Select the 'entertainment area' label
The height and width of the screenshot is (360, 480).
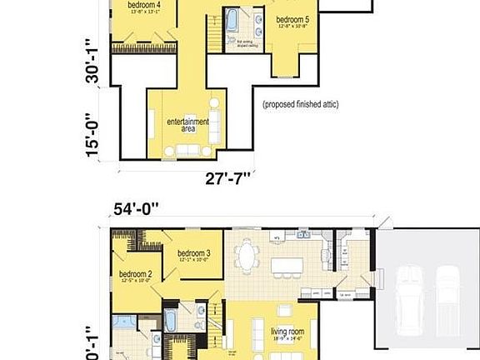187,125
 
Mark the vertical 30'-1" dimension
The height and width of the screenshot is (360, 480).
93,64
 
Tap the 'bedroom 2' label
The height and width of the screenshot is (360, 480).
135,273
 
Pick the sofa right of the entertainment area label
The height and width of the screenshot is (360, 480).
215,126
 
